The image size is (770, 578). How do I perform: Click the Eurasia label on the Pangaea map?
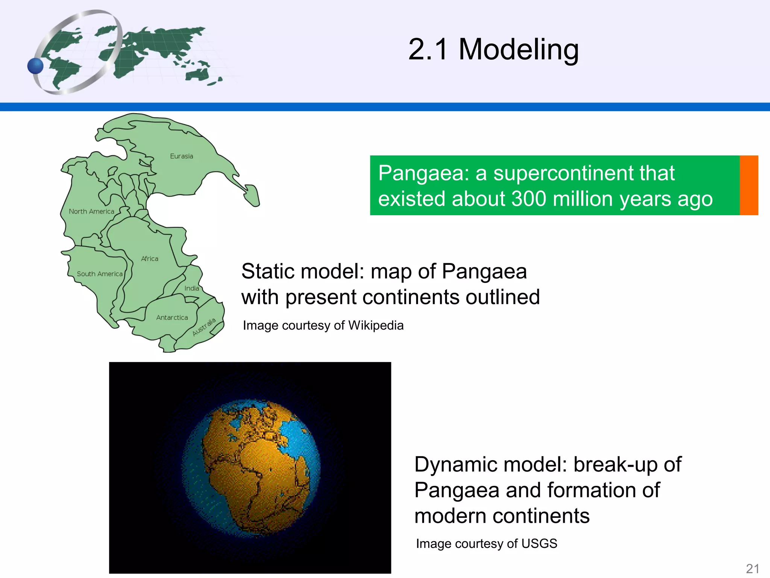[x=181, y=156]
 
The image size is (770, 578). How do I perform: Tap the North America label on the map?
[x=91, y=211]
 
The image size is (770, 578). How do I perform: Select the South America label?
[x=100, y=274]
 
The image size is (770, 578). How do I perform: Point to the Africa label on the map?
[x=150, y=259]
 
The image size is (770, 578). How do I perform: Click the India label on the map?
[x=192, y=288]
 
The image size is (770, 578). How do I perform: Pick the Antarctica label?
[x=172, y=318]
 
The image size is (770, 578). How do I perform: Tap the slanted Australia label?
[x=204, y=327]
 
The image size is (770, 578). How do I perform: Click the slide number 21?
[x=752, y=569]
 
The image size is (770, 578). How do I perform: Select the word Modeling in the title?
[x=518, y=49]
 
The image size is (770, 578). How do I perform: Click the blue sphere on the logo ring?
[x=36, y=66]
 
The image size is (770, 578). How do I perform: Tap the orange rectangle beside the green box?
[x=749, y=185]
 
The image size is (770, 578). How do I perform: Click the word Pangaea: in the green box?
[x=424, y=173]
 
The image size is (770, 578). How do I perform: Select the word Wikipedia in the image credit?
[x=376, y=325]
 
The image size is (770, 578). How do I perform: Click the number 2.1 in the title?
[x=428, y=49]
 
